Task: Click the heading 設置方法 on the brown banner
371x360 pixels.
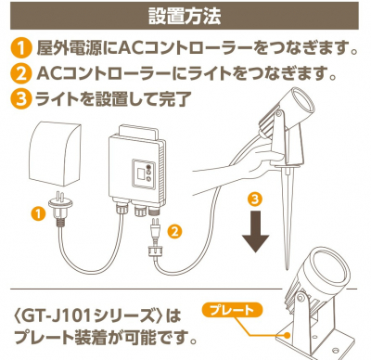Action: pyautogui.click(x=185, y=16)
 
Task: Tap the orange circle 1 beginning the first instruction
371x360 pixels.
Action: pyautogui.click(x=19, y=47)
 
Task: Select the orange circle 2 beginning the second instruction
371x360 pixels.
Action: pyautogui.click(x=19, y=72)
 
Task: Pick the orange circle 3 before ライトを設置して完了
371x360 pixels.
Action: pyautogui.click(x=19, y=97)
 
